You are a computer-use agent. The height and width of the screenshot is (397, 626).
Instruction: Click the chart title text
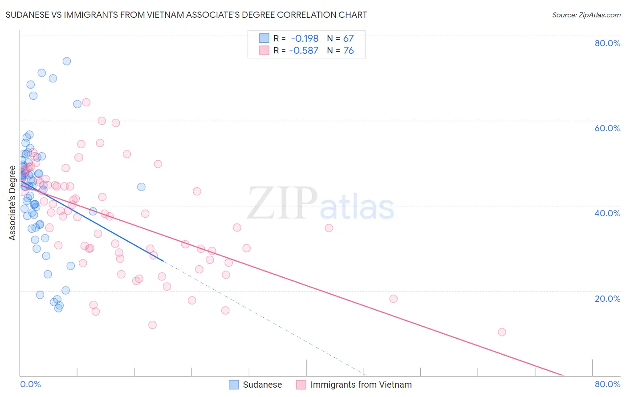[186, 15]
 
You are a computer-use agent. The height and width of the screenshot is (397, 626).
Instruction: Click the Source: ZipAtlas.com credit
[586, 15]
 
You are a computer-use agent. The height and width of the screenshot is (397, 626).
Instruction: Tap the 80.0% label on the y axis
[607, 43]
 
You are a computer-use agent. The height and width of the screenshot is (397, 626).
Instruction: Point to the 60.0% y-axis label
[607, 128]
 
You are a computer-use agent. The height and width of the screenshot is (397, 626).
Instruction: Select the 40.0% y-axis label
[607, 213]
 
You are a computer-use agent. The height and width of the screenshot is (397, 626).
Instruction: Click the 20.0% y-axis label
[607, 299]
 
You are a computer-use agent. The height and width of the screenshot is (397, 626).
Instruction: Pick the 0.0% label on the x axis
[30, 384]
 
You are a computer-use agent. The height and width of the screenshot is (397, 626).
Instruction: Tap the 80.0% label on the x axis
[607, 384]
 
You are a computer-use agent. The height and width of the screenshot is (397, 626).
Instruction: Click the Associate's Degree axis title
[12, 203]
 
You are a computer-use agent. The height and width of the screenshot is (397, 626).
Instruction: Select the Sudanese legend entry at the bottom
[262, 385]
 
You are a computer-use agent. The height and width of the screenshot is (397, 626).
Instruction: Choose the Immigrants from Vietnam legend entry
[361, 385]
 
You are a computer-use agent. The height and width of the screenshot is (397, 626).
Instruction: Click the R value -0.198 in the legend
[305, 39]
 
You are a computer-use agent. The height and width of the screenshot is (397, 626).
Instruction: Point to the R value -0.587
[304, 51]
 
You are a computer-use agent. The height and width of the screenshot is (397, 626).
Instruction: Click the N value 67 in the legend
[348, 39]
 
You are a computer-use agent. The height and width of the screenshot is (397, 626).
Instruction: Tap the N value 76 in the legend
[348, 51]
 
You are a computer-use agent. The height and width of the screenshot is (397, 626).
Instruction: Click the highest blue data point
[67, 61]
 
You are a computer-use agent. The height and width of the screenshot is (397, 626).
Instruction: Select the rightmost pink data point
[502, 332]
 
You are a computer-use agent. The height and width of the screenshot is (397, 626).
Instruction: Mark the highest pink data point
[86, 102]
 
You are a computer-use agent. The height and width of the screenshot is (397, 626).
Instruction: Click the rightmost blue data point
[141, 187]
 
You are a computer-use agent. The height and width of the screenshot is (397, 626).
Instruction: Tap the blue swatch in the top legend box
[264, 38]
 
